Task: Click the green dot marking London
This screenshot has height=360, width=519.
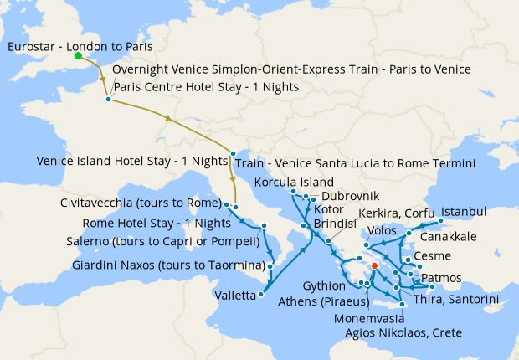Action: tap(77, 56)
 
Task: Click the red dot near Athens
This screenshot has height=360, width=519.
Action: tap(374, 266)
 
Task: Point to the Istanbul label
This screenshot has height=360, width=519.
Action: tap(464, 210)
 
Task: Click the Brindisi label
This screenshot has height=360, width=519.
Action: tap(335, 225)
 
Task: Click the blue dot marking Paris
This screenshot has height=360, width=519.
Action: tap(108, 100)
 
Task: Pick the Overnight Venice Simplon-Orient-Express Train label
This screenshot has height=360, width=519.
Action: tap(290, 69)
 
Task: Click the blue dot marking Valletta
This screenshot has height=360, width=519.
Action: tap(263, 294)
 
